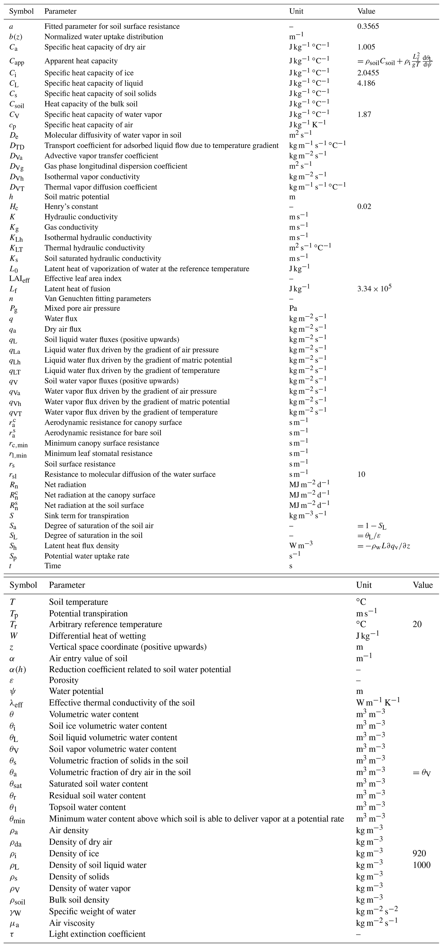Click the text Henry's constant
pos(71,207)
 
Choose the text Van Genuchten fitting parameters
pos(98,298)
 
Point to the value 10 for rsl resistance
pos(361,474)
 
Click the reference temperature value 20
pos(417,624)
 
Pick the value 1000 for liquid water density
pos(421,865)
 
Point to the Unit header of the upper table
pos(296,11)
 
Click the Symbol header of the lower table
pos(23,585)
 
